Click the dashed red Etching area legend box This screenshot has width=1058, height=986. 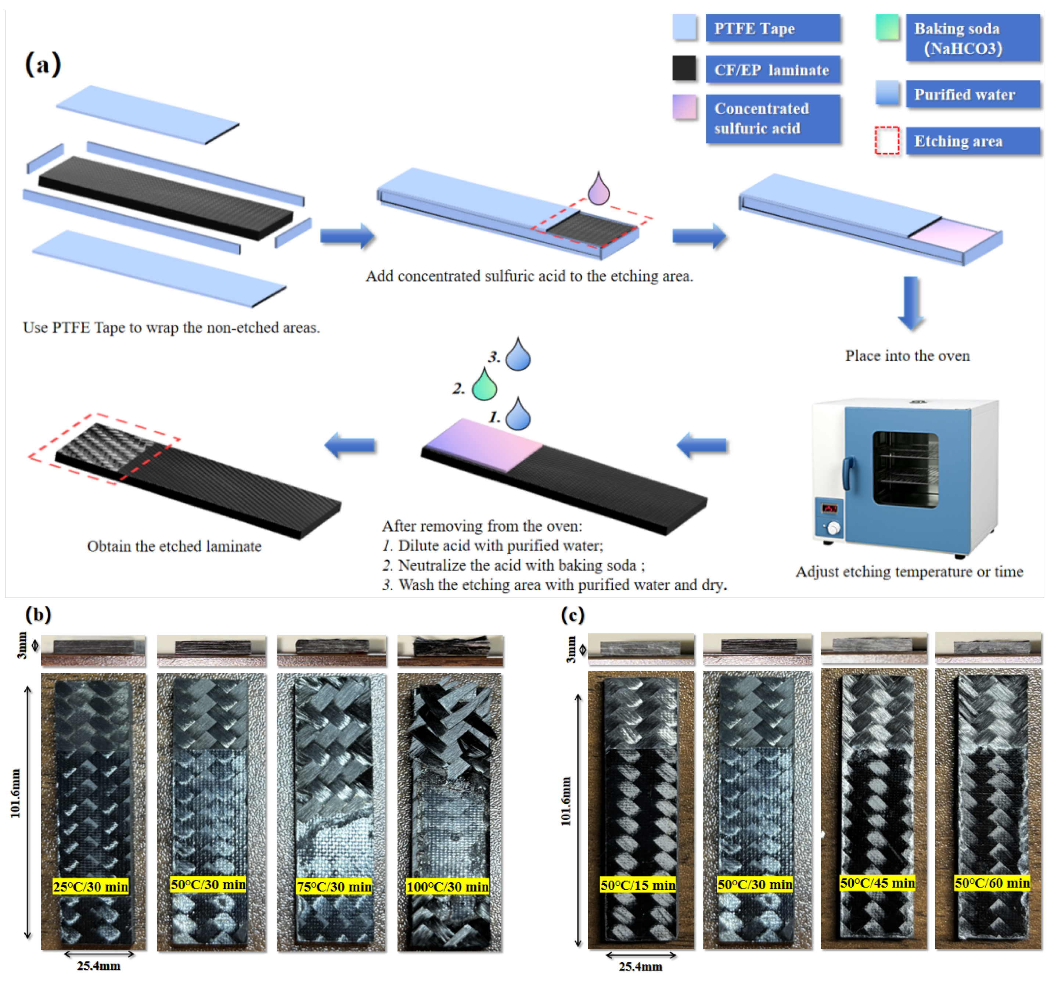(x=887, y=140)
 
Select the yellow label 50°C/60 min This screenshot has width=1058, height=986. (x=992, y=883)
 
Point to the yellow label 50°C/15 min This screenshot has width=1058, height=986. (x=638, y=885)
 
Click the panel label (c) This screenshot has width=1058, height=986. (x=573, y=615)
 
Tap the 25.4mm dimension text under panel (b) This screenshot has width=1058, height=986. (x=98, y=966)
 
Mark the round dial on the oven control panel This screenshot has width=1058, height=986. (x=834, y=528)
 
